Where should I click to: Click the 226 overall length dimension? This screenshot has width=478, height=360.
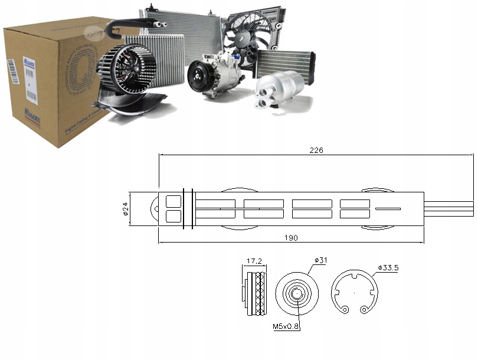click(x=317, y=150)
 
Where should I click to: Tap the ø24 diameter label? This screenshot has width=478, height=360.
click(x=126, y=210)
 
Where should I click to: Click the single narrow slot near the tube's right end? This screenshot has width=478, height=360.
click(x=388, y=208)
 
